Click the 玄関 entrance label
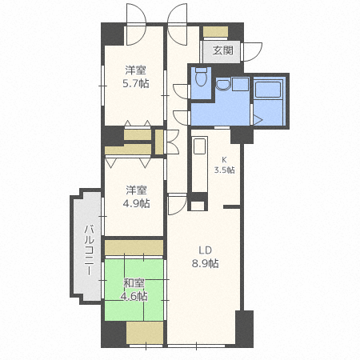[x=223, y=50]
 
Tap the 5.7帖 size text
[x=136, y=82]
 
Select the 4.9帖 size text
[x=135, y=203]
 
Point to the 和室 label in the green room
[x=134, y=283]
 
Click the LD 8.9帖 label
[x=204, y=256]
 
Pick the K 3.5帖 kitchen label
[x=224, y=165]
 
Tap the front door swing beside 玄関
[x=252, y=49]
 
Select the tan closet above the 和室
[x=134, y=246]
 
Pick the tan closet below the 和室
[x=134, y=330]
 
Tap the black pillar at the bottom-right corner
[x=243, y=328]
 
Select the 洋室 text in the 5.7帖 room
[x=136, y=69]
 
